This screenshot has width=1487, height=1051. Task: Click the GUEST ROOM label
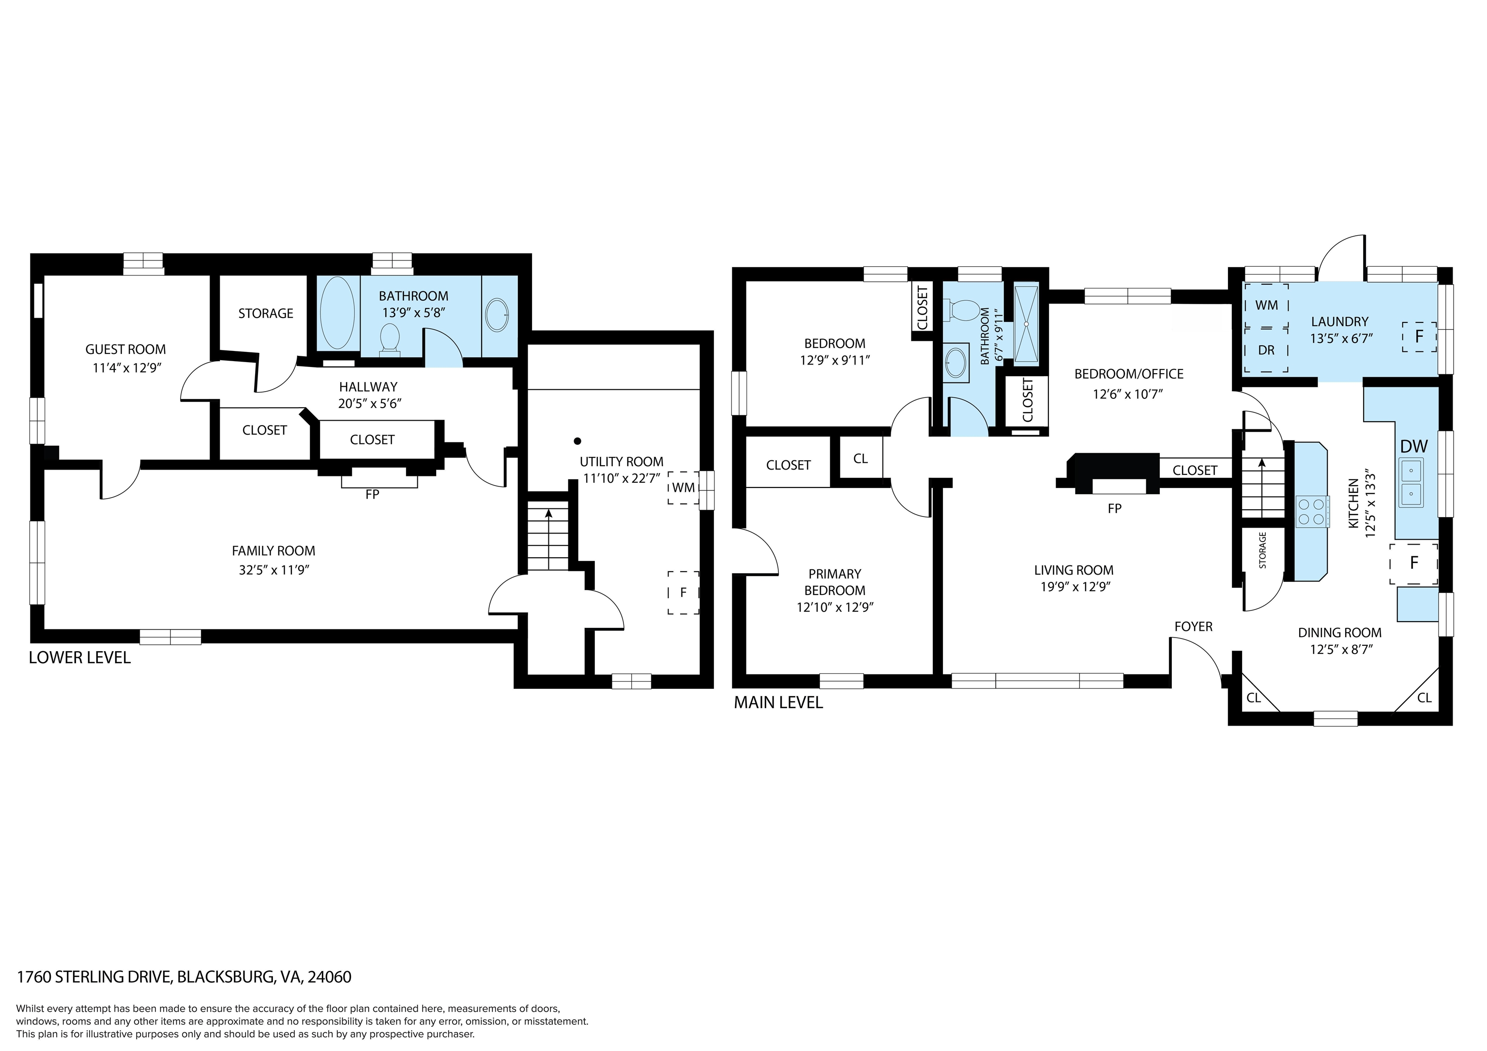pos(126,350)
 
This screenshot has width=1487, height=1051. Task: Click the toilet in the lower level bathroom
pos(390,340)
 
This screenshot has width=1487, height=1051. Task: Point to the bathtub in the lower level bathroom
pos(337,313)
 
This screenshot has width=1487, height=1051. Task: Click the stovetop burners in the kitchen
pos(1311,511)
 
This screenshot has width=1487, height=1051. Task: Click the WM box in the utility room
pos(684,487)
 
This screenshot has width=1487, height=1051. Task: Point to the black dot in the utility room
pos(577,441)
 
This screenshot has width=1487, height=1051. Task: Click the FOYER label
pos(1194,626)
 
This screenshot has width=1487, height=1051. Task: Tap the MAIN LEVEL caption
pos(778,702)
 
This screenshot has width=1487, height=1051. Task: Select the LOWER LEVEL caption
pos(80,657)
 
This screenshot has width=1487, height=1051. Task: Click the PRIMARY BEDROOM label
pos(835,582)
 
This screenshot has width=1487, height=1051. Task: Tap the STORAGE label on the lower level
pos(266,313)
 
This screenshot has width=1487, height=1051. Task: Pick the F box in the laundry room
pos(1419,337)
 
